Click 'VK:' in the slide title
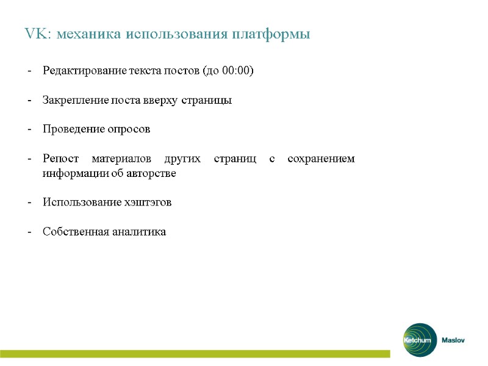click(38, 34)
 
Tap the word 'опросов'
click(130, 129)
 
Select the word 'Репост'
click(60, 159)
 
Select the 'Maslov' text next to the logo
click(453, 340)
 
